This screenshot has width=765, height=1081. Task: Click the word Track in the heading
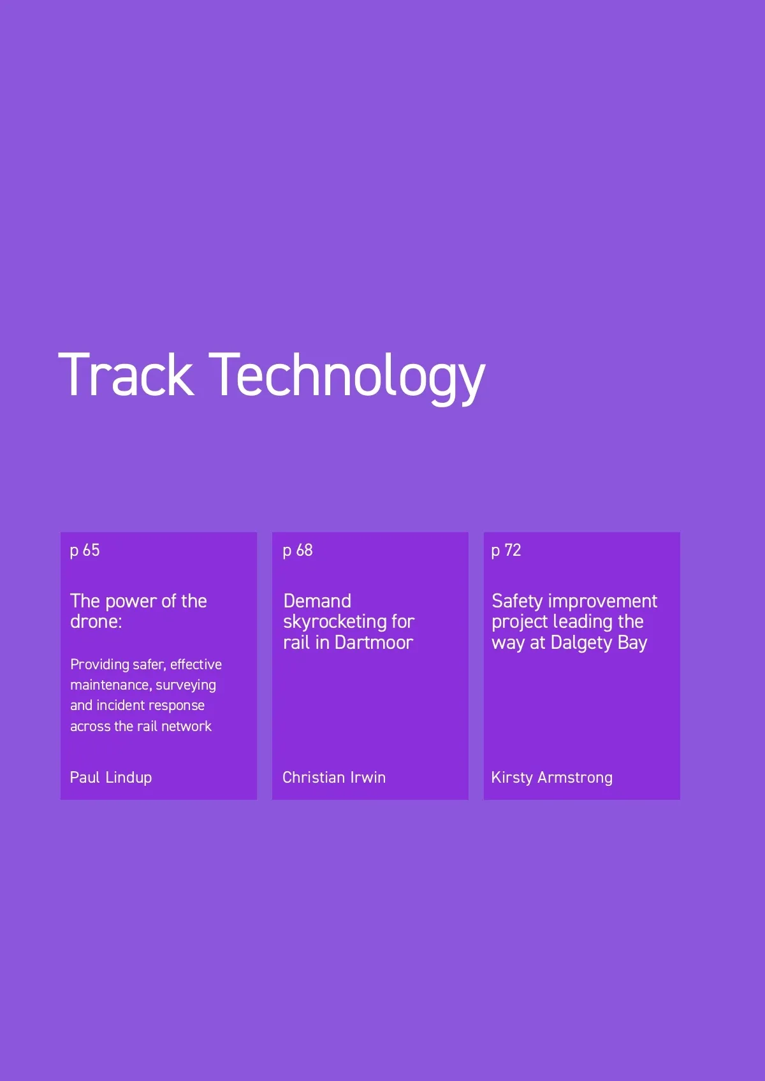[126, 375]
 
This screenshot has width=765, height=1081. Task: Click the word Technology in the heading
[347, 379]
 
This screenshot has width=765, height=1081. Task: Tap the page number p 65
[85, 551]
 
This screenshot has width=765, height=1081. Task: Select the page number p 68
[298, 551]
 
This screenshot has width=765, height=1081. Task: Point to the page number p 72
[506, 551]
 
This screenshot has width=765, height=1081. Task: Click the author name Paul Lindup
[111, 778]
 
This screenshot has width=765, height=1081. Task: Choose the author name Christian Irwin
[334, 778]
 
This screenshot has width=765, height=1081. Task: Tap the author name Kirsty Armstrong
[551, 778]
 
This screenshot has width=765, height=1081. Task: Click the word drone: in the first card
[96, 621]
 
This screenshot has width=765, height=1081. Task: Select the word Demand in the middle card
[317, 601]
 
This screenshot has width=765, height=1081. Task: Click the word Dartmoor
[374, 643]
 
